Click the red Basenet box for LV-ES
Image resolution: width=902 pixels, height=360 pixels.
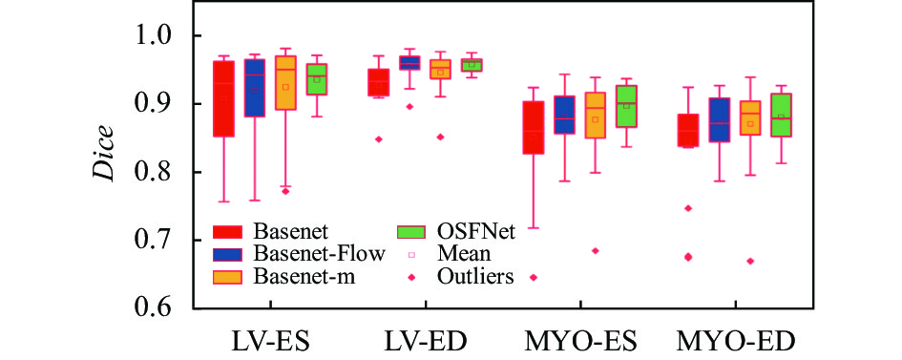pos(223,99)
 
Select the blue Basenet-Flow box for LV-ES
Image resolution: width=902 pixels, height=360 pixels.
pos(255,88)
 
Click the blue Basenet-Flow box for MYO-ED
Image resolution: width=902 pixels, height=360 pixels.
pos(720,119)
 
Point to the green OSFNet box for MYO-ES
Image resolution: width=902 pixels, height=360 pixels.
pos(626,106)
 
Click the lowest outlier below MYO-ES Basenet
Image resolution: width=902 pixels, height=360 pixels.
pos(534,277)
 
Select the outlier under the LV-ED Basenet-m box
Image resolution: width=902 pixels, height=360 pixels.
pos(440,137)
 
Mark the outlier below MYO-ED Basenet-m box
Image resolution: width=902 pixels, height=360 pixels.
pos(750,261)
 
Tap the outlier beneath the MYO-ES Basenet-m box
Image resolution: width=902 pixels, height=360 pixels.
pos(596,251)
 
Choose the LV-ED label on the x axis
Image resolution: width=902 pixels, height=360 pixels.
pos(426,341)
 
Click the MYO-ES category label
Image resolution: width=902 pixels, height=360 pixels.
pos(580,341)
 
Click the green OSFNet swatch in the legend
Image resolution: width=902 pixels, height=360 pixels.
pos(411,232)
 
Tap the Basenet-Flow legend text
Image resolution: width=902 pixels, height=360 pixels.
pos(321,254)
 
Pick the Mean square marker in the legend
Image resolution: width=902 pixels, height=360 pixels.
pos(411,254)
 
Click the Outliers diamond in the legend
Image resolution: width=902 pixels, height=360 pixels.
pos(411,277)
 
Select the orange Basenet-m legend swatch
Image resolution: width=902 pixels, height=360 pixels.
pos(227,277)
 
